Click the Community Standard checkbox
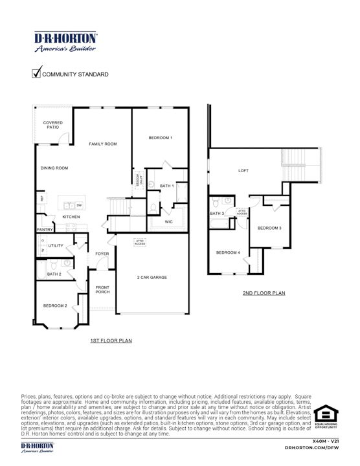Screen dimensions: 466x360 [36, 73]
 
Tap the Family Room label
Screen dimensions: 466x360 [103, 144]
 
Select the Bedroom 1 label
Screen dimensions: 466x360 [160, 138]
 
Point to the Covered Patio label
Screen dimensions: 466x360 [51, 125]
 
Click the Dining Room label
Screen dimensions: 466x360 [54, 168]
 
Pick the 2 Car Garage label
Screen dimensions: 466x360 [152, 277]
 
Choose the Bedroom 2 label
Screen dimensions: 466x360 [55, 305]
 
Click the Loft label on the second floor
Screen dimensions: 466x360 [243, 171]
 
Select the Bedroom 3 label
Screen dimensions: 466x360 [269, 228]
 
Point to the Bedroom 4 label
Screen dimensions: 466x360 [228, 252]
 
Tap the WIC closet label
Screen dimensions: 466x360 [168, 222]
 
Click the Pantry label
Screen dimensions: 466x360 [45, 230]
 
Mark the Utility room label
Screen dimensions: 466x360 [56, 246]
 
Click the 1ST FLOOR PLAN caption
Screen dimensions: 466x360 [111, 340]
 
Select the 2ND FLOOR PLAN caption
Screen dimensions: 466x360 [264, 293]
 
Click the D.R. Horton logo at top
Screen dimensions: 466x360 [66, 41]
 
